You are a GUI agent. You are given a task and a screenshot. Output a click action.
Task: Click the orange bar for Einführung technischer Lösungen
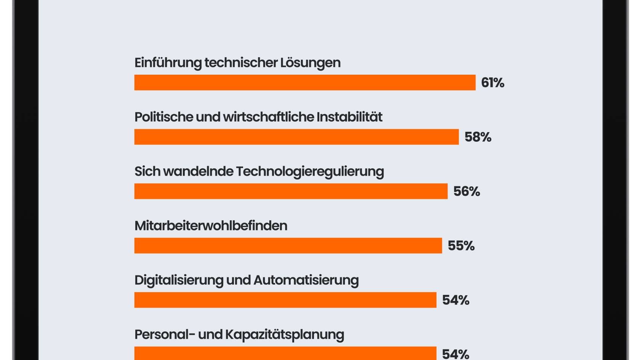305,83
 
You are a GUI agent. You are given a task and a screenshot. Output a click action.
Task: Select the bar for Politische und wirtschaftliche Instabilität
296,137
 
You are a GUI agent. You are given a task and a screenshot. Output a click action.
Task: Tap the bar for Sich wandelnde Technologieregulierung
291,191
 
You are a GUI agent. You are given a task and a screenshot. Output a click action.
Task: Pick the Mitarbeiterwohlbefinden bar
288,246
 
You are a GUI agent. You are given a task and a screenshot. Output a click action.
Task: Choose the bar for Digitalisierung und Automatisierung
285,300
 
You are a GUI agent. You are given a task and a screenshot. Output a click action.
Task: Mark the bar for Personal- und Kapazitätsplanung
285,353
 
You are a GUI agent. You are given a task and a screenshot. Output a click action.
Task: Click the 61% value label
493,83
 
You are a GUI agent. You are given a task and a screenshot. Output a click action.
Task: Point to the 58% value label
478,137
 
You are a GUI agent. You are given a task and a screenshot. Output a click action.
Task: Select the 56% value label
467,192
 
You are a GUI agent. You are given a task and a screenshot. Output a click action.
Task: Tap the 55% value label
461,246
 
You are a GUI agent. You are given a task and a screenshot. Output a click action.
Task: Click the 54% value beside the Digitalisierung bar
456,300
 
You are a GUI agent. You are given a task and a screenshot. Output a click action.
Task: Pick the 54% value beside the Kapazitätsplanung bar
456,354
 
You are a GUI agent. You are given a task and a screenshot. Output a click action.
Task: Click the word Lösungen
310,63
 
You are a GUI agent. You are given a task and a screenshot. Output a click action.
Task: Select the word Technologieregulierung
310,172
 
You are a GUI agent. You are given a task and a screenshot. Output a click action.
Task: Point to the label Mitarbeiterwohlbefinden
211,226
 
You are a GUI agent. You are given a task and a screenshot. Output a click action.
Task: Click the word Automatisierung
306,280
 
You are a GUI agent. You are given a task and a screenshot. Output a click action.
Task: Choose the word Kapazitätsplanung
285,335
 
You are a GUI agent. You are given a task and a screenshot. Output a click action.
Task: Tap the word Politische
164,117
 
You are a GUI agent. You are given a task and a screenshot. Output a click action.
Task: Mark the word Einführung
168,63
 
